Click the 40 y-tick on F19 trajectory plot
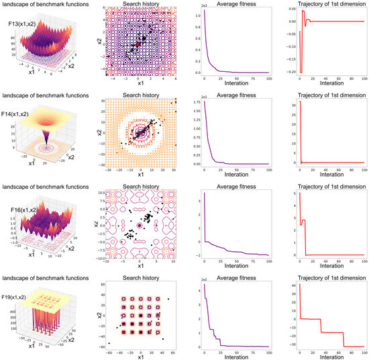291,285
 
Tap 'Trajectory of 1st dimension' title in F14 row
329,95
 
